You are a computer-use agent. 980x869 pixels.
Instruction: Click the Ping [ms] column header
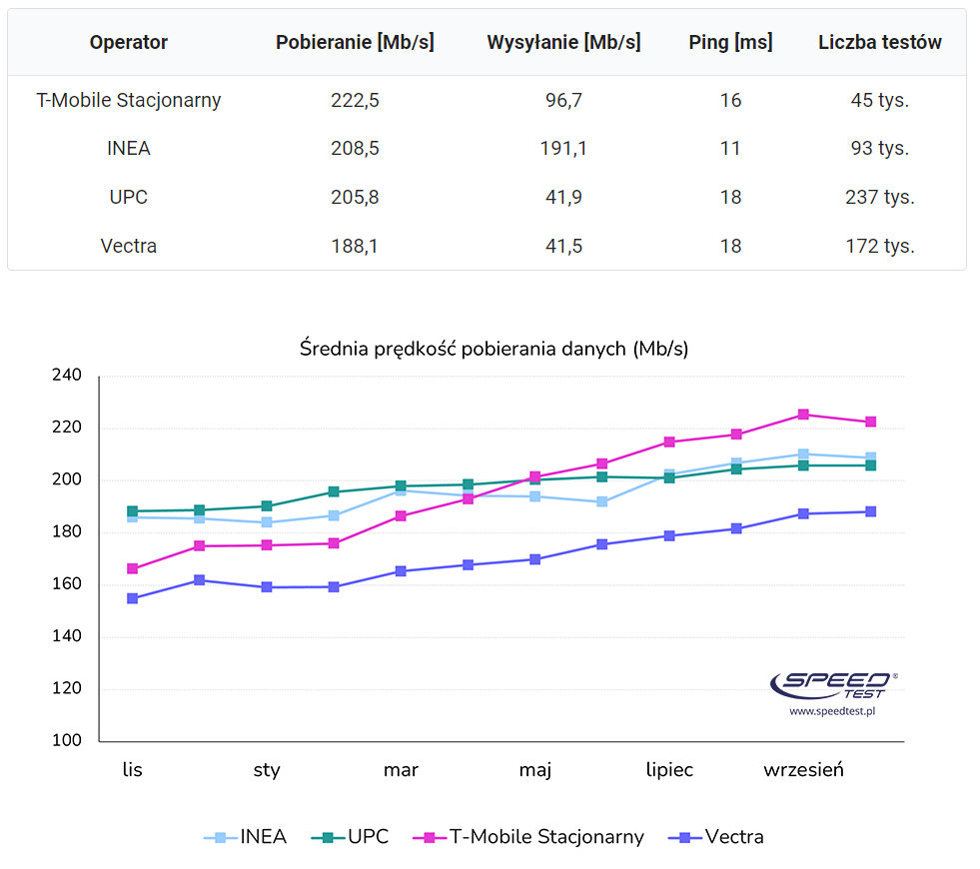pyautogui.click(x=730, y=43)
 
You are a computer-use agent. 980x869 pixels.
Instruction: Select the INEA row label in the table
pyautogui.click(x=129, y=149)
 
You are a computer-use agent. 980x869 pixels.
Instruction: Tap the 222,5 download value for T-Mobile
pyautogui.click(x=355, y=101)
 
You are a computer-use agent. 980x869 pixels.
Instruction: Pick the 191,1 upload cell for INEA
pyautogui.click(x=563, y=149)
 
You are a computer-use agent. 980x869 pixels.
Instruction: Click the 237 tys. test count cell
pyautogui.click(x=879, y=197)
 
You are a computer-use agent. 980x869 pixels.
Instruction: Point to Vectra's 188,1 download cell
pyautogui.click(x=355, y=246)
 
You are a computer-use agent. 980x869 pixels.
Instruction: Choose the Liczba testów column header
pyautogui.click(x=879, y=43)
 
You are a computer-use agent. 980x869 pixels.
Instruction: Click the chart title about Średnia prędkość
pyautogui.click(x=493, y=350)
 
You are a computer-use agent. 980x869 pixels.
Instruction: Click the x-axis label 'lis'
pyautogui.click(x=133, y=770)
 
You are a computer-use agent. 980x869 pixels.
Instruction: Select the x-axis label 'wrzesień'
pyautogui.click(x=803, y=770)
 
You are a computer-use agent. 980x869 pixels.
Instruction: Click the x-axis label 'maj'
pyautogui.click(x=535, y=770)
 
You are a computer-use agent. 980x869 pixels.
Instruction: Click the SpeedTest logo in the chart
pyautogui.click(x=833, y=684)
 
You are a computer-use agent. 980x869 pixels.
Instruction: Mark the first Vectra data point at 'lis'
pyautogui.click(x=133, y=598)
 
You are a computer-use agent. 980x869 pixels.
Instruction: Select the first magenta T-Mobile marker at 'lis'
pyautogui.click(x=133, y=569)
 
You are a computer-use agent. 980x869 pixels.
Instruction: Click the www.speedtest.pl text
pyautogui.click(x=832, y=711)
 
